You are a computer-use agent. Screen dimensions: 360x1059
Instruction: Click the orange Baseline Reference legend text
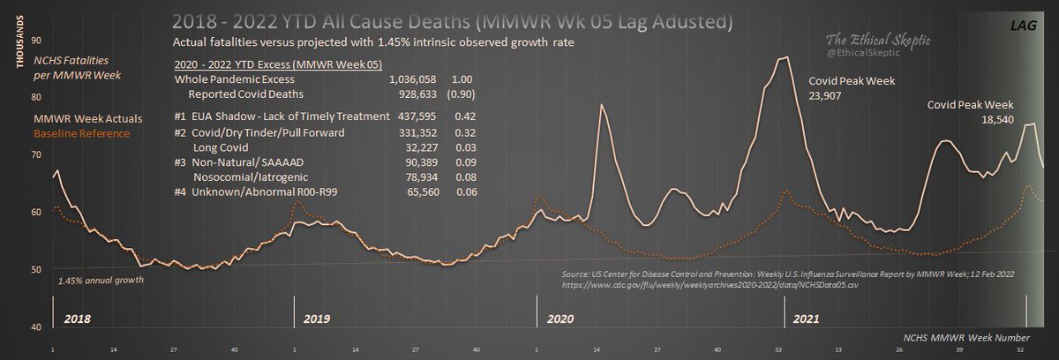point(81,133)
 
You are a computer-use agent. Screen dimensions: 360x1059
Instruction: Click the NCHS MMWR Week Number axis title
point(968,337)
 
